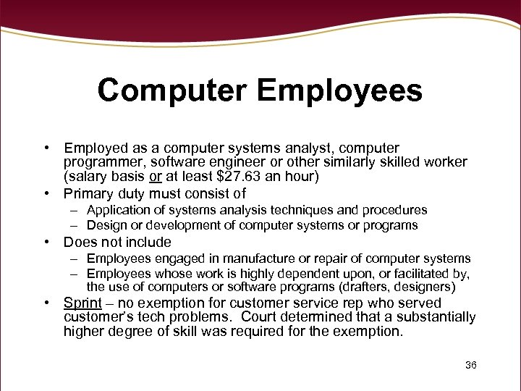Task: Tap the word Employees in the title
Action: [339, 91]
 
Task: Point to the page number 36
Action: [471, 365]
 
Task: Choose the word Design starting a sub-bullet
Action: [105, 225]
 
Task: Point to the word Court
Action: [260, 317]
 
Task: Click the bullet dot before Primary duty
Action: [46, 193]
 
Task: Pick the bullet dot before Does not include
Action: [46, 242]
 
